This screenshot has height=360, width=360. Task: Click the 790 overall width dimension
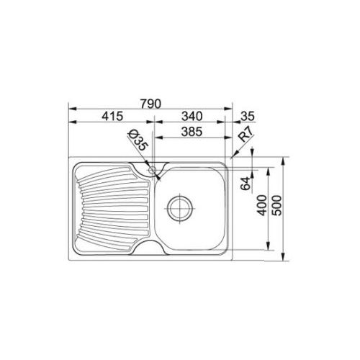pyautogui.click(x=150, y=104)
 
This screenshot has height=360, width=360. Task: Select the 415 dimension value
pyautogui.click(x=112, y=117)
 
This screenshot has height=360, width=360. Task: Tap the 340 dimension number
pyautogui.click(x=192, y=117)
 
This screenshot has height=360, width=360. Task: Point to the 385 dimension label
pyautogui.click(x=192, y=132)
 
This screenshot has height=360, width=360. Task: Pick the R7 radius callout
pyautogui.click(x=246, y=135)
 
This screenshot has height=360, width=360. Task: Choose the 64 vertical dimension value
pyautogui.click(x=246, y=184)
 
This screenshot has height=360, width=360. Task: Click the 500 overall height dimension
pyautogui.click(x=277, y=205)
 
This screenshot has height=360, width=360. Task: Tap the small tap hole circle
pyautogui.click(x=152, y=170)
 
